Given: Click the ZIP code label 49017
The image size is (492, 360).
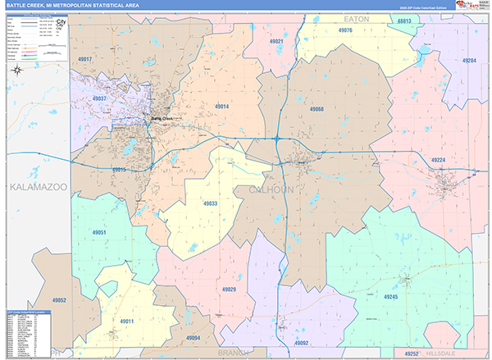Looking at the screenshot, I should (x=86, y=60).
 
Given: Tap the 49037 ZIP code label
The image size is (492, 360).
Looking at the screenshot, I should (x=100, y=99).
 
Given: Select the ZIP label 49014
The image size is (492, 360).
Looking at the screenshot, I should (x=222, y=107).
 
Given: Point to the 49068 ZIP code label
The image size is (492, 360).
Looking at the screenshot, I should (x=317, y=109).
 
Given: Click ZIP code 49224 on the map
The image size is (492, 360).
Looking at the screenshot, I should (x=438, y=160).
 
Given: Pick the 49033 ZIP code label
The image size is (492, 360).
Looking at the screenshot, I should (x=210, y=203).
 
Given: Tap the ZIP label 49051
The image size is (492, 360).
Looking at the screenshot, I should (x=100, y=233).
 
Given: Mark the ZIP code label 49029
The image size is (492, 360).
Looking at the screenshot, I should (x=228, y=289).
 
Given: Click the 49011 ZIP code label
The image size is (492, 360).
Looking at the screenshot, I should (x=126, y=321).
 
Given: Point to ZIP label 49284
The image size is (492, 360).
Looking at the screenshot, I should (x=469, y=61).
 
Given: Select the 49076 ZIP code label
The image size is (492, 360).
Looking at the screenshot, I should (x=344, y=30).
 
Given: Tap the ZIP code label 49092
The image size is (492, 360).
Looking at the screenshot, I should (x=301, y=343).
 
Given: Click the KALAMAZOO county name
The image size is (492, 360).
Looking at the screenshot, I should (x=38, y=189).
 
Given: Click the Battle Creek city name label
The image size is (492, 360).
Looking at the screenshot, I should (x=162, y=118).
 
